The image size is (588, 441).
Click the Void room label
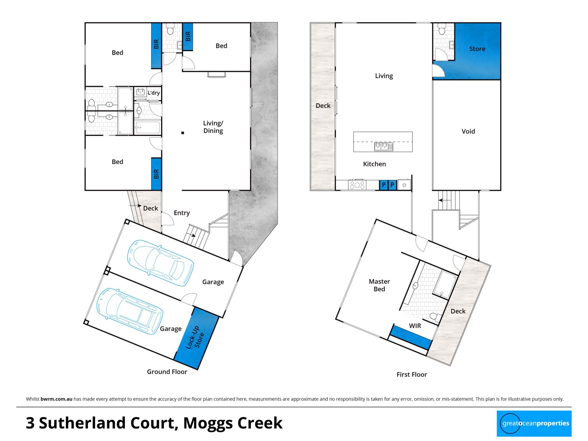click(x=468, y=131)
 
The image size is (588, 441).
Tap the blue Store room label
click(x=477, y=49)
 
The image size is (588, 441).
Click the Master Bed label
click(x=379, y=285)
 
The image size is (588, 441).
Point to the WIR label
click(x=415, y=326)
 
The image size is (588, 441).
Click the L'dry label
click(x=154, y=93)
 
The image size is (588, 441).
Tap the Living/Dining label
click(x=213, y=127)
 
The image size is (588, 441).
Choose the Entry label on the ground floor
click(x=182, y=213)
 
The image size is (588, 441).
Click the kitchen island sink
click(x=383, y=147)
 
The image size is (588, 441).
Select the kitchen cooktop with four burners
click(x=357, y=185)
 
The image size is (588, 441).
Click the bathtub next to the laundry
click(x=147, y=127)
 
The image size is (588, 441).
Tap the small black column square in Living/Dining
click(x=183, y=133)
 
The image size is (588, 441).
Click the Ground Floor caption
click(x=167, y=372)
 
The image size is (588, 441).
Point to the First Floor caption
click(x=412, y=375)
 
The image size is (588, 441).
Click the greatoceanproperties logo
click(x=534, y=424)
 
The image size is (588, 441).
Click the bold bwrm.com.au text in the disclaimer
click(x=56, y=399)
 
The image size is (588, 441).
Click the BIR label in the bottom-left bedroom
click(x=156, y=174)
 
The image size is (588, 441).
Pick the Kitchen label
click(x=374, y=164)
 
